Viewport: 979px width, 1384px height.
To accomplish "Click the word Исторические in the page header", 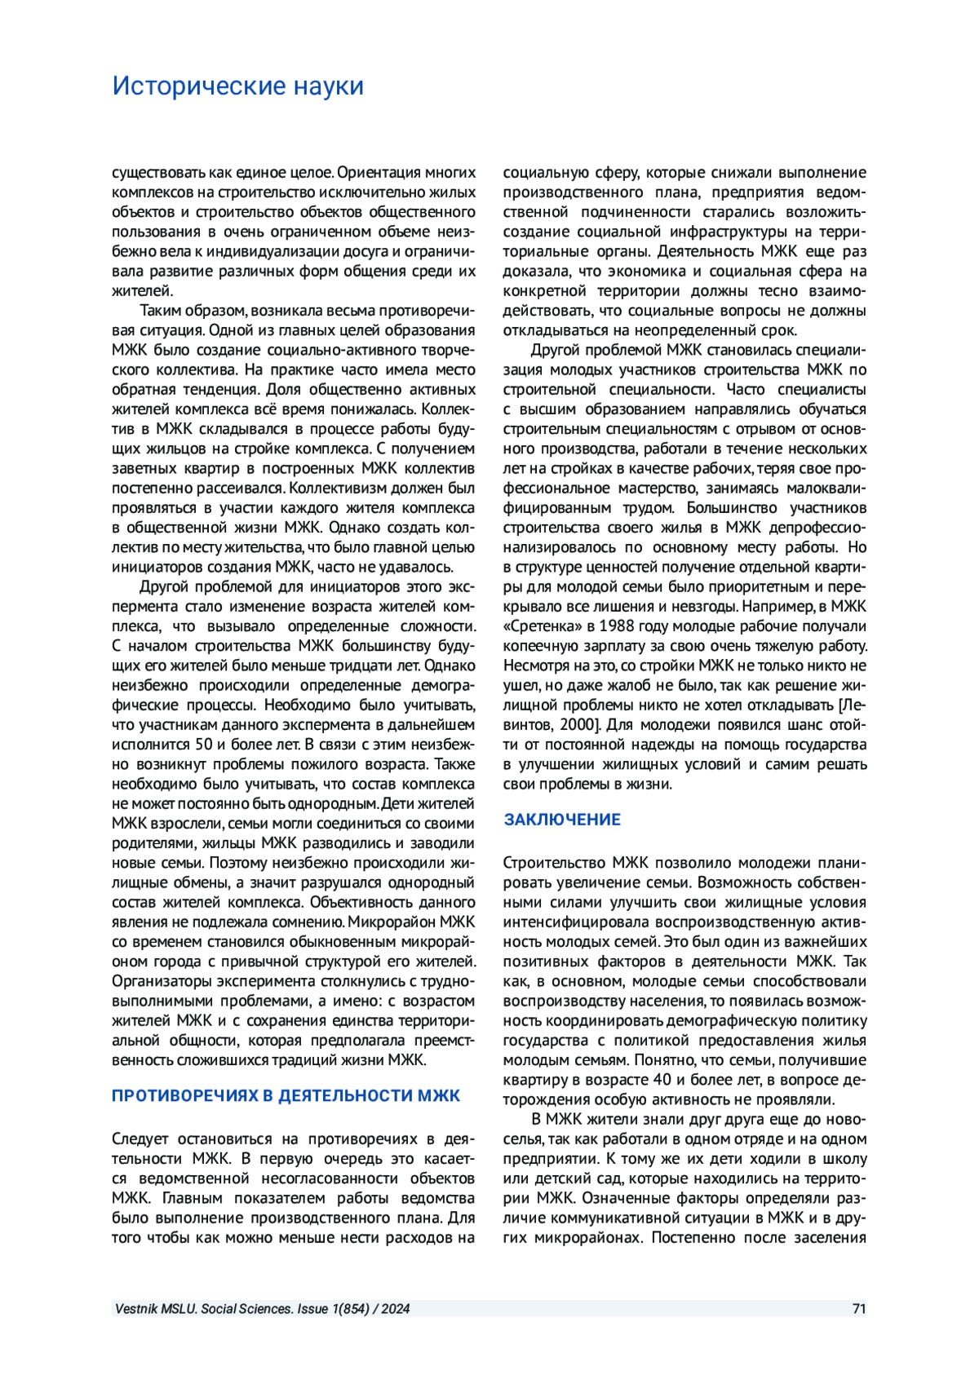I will tap(198, 86).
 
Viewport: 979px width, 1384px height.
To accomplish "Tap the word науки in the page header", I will tap(328, 86).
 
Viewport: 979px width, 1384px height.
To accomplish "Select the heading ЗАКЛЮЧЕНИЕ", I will tap(562, 820).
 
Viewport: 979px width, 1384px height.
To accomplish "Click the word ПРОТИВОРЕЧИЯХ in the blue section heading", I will tap(184, 1096).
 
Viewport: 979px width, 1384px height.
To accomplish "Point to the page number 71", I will tap(858, 1309).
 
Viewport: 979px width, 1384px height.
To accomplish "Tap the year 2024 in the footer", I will tap(395, 1309).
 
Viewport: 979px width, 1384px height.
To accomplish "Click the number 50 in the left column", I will tap(204, 745).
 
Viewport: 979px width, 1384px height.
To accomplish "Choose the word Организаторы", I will tap(157, 981).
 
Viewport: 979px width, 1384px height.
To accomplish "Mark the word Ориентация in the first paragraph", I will tap(377, 173).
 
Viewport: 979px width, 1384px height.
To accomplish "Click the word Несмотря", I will tap(534, 665).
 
